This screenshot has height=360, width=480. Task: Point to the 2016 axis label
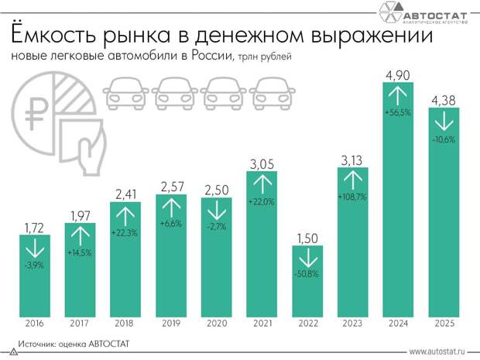[x=34, y=324]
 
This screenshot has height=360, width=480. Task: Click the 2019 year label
[x=170, y=324]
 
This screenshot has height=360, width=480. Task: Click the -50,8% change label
[x=307, y=274]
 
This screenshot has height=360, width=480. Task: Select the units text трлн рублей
[x=262, y=58]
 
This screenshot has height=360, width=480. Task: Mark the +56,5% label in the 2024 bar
[x=399, y=112]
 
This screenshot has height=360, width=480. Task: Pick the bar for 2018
[x=125, y=263]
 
